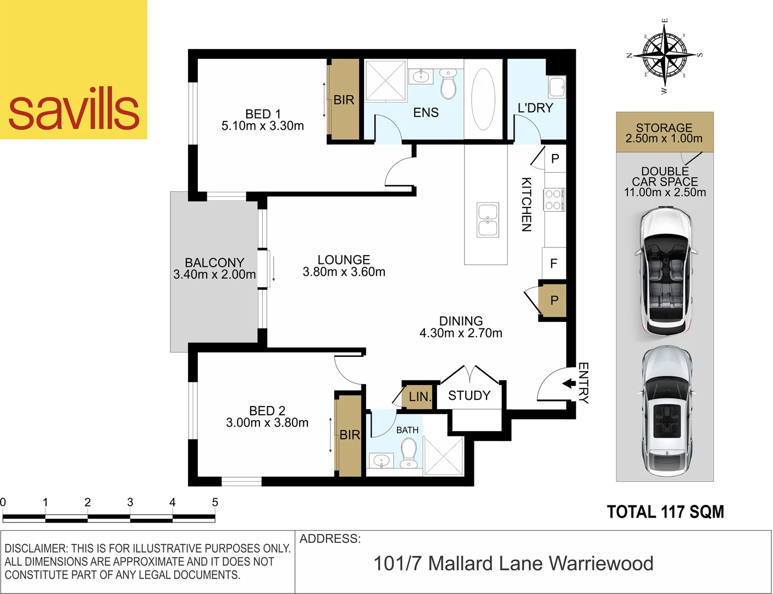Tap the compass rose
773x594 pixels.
click(665, 55)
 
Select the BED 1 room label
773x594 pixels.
click(263, 114)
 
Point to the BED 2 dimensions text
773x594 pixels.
click(267, 423)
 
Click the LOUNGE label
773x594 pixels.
click(344, 260)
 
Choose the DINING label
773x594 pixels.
click(461, 321)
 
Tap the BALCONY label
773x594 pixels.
click(214, 262)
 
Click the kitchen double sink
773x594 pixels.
click(488, 220)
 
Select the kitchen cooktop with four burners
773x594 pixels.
click(553, 200)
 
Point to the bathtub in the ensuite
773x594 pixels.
click(483, 99)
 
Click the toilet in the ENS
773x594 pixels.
click(449, 83)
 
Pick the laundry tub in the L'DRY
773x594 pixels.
click(556, 87)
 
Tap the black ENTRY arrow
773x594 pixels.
click(568, 383)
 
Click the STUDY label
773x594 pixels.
click(469, 395)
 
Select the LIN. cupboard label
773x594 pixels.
click(420, 397)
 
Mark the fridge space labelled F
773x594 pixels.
click(554, 263)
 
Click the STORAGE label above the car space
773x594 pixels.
click(664, 128)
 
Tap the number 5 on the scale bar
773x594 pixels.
click(215, 502)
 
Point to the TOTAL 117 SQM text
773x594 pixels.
click(665, 512)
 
